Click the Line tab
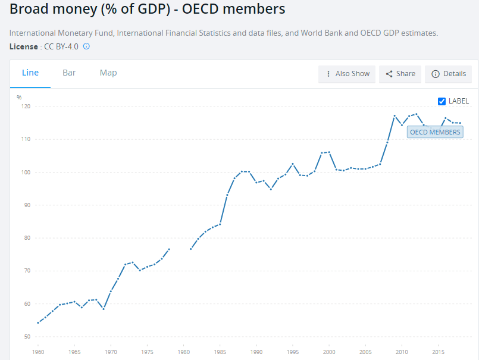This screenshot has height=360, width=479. (30, 73)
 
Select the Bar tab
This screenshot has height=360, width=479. (69, 73)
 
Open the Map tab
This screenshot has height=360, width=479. (108, 73)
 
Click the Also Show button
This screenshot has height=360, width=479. (347, 74)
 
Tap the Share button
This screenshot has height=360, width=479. (400, 74)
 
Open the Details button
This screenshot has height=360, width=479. (448, 74)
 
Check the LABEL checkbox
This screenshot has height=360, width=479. (442, 101)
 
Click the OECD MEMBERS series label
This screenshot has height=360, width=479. (435, 132)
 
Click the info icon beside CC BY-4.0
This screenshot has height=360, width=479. (86, 46)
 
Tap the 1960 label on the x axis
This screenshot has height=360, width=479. (38, 352)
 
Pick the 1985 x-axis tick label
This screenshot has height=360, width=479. (220, 352)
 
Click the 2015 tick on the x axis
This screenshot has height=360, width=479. (438, 352)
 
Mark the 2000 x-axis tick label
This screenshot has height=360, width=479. (328, 352)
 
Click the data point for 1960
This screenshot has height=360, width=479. (38, 323)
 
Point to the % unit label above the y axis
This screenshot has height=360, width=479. (19, 97)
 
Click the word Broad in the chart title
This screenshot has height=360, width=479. (29, 10)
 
